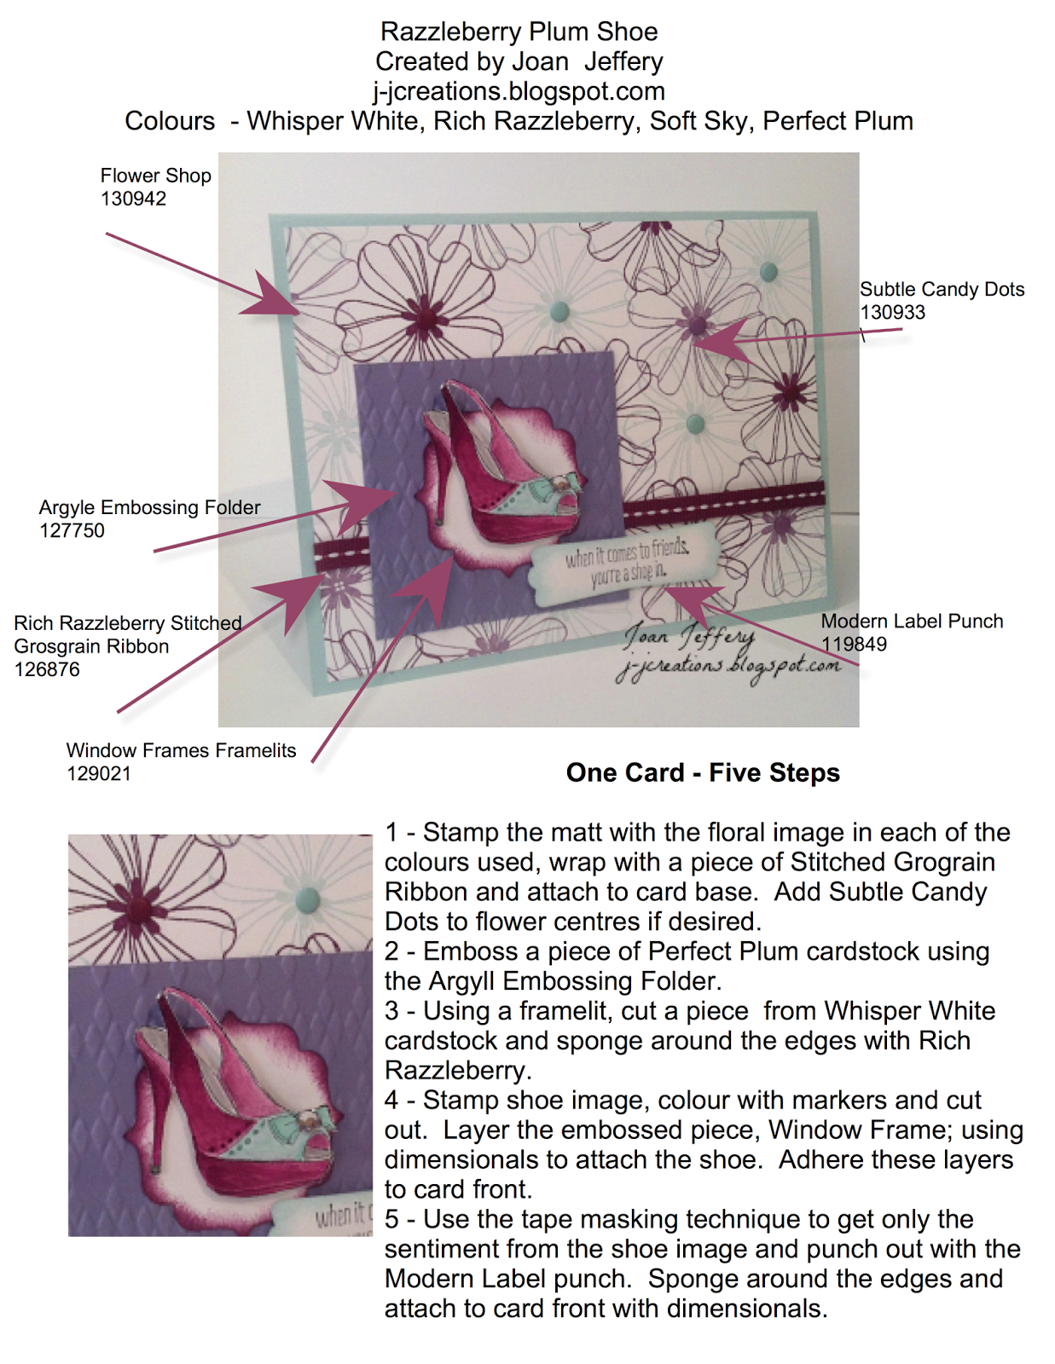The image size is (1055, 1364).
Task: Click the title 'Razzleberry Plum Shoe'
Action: (x=519, y=32)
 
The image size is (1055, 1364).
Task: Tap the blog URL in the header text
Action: (x=519, y=91)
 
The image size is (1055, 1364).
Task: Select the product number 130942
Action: (x=133, y=199)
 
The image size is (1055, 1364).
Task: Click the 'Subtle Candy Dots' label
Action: (x=942, y=289)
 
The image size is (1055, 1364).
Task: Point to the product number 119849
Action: (x=854, y=644)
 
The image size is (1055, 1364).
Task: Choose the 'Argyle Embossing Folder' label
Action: (x=149, y=507)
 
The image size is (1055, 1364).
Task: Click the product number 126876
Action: (x=47, y=670)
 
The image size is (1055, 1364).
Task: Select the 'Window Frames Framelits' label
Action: (x=181, y=751)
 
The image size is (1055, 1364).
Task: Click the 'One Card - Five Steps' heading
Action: (x=703, y=772)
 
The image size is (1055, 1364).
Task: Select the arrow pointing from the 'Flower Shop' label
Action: (x=202, y=274)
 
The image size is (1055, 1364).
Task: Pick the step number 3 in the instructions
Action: (x=391, y=1011)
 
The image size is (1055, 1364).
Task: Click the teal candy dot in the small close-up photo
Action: (x=307, y=897)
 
